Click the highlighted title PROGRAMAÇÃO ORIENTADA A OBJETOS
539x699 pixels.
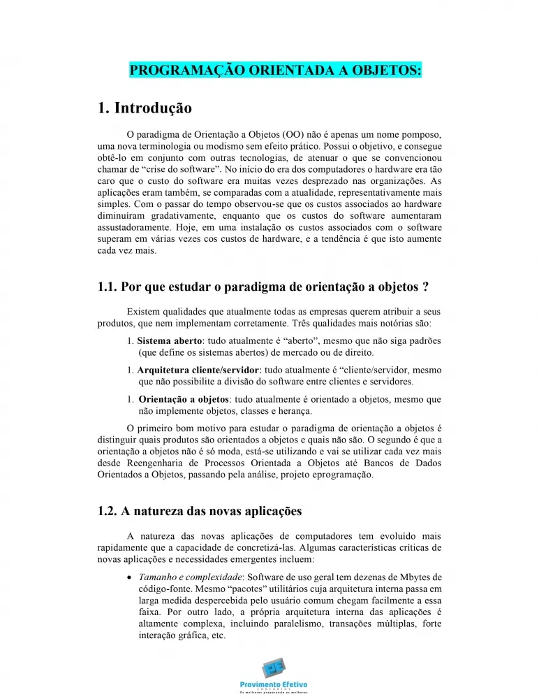pos(275,71)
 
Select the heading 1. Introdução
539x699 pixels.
pos(145,108)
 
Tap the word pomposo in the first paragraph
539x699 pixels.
pos(422,134)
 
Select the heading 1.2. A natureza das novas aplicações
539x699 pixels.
pos(200,512)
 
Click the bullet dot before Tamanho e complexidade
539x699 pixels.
pos(131,578)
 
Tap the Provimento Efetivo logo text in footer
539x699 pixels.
pos(273,684)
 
